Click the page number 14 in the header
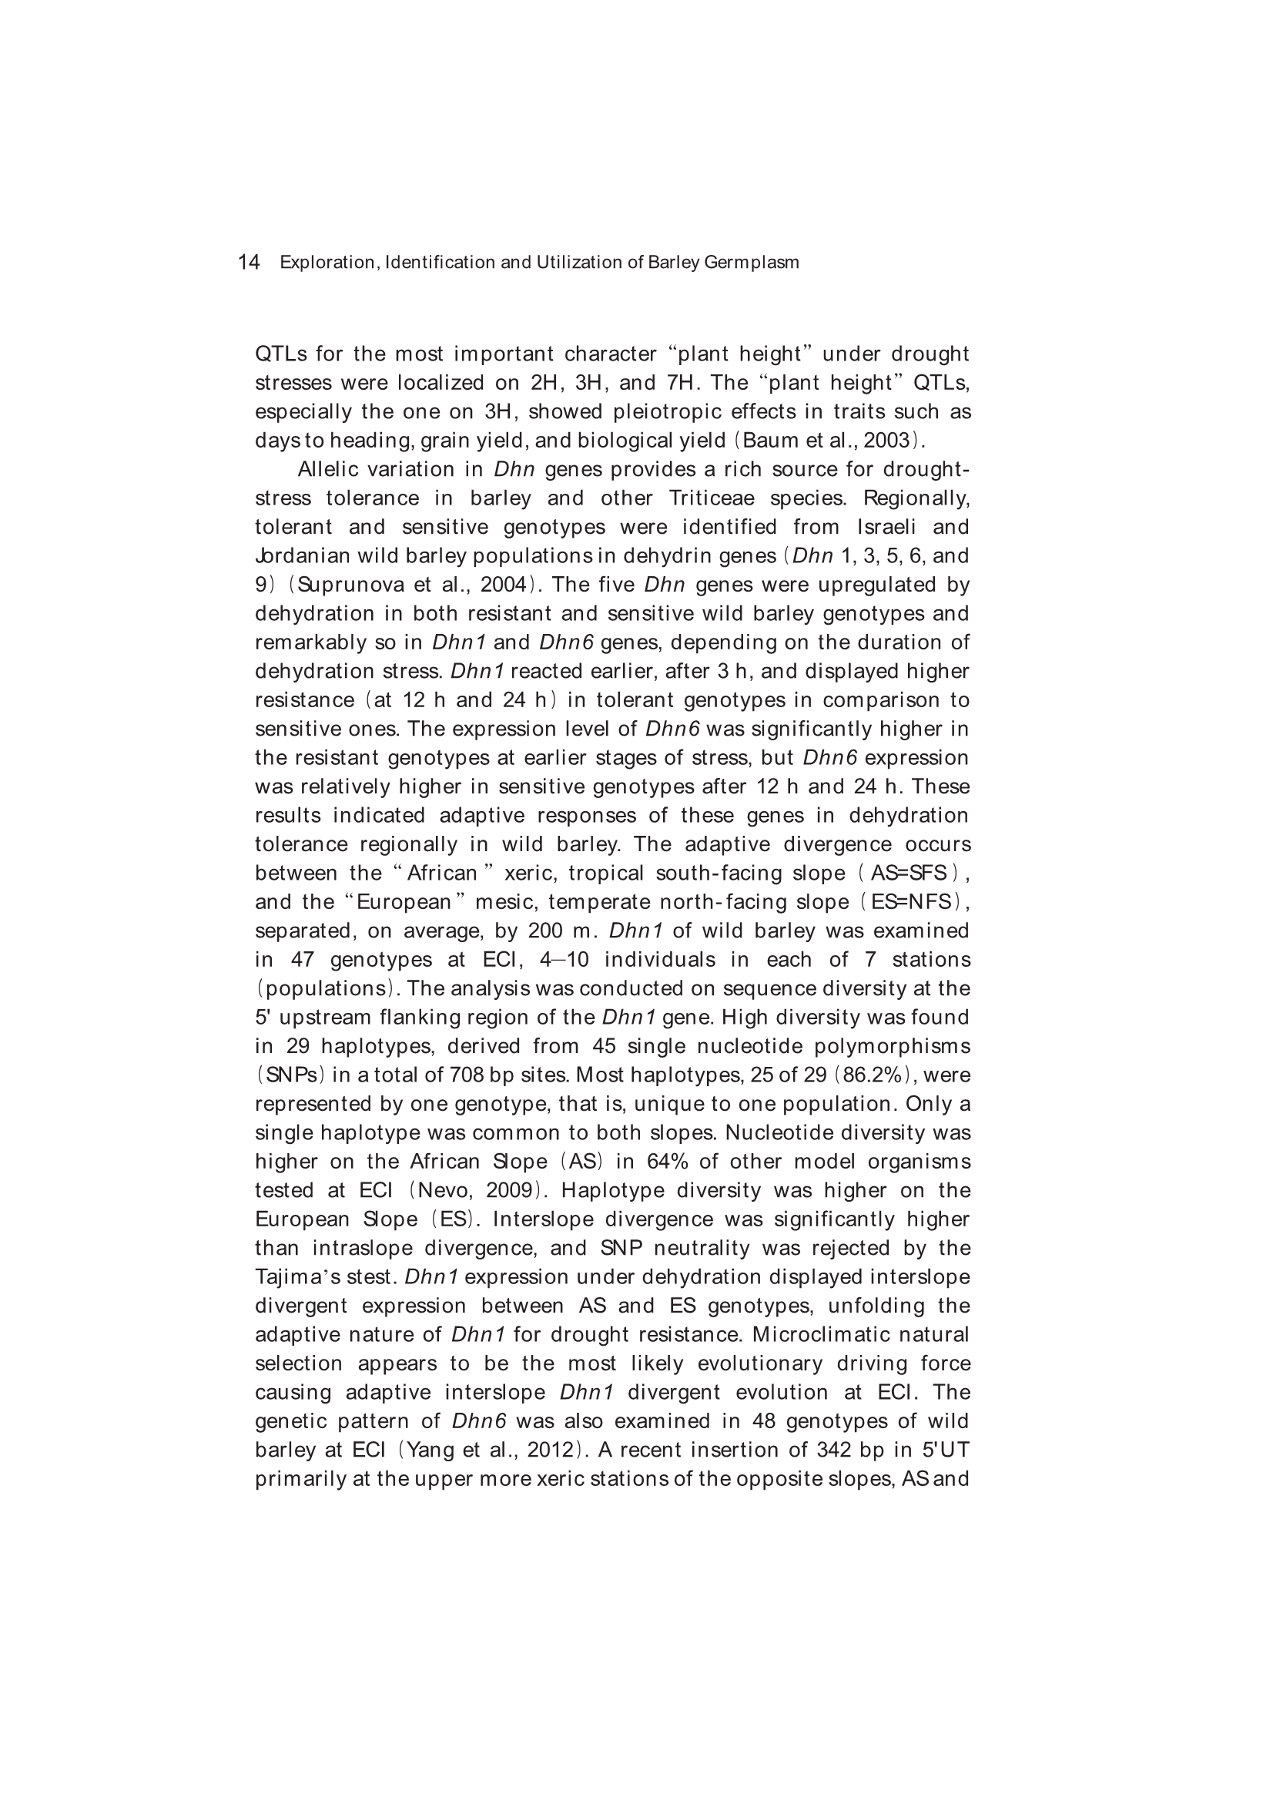pos(249,262)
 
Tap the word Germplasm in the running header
pos(752,262)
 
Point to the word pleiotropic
pos(668,411)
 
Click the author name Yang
pos(428,1450)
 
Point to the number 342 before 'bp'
pos(834,1450)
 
